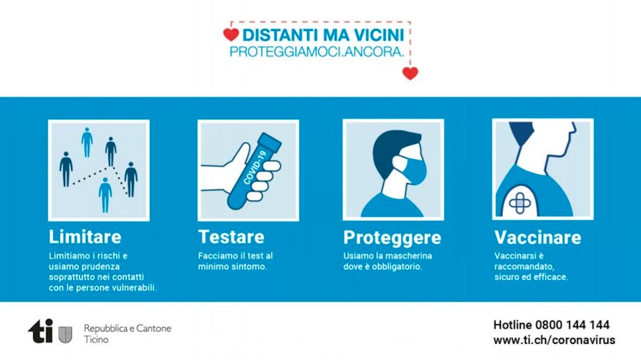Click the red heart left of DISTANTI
(231, 35)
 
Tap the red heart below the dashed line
(410, 74)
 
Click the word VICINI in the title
(379, 35)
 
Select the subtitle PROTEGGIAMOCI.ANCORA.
(317, 52)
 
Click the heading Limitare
(85, 237)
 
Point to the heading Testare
(232, 237)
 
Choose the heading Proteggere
(392, 238)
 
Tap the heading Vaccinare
(538, 237)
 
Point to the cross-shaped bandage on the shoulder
(520, 203)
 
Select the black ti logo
(41, 331)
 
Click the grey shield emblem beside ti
(65, 335)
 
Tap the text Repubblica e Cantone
(128, 328)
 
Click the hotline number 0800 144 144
(572, 325)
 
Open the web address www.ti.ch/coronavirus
(554, 340)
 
